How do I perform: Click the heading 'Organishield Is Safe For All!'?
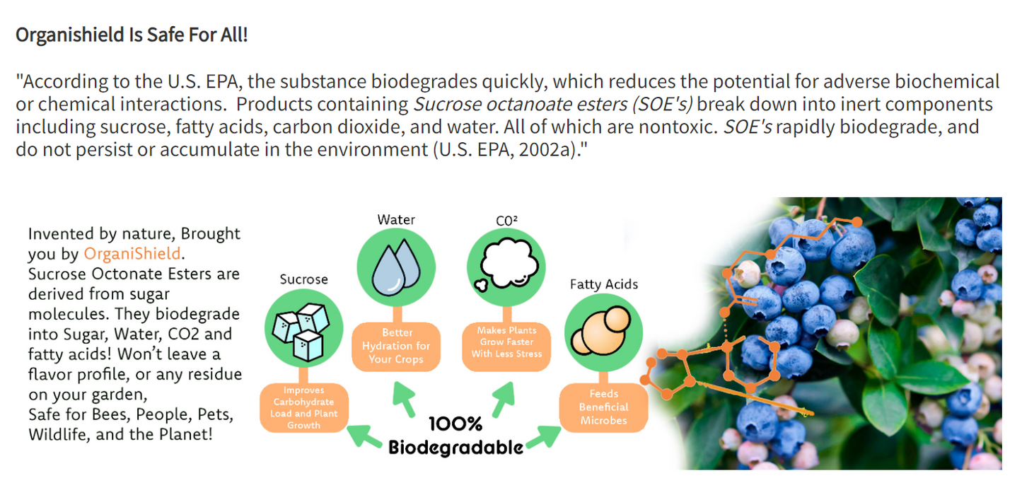coord(132,35)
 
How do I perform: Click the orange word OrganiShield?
coord(132,253)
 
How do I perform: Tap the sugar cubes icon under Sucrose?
coord(301,332)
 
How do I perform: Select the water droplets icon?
coord(396,268)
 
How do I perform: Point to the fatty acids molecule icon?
coord(602,331)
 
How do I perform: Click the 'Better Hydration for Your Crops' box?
coord(396,347)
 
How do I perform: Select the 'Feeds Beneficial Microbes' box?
coord(603,407)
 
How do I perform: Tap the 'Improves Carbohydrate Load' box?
coord(304,408)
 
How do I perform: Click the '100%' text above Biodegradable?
coord(455,424)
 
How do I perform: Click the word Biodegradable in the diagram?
coord(455,448)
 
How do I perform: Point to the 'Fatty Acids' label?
coord(603,284)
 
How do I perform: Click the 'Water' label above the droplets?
coord(396,220)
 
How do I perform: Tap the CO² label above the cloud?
coord(506,221)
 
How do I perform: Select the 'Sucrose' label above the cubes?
coord(304,279)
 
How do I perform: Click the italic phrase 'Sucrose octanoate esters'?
coord(520,105)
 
